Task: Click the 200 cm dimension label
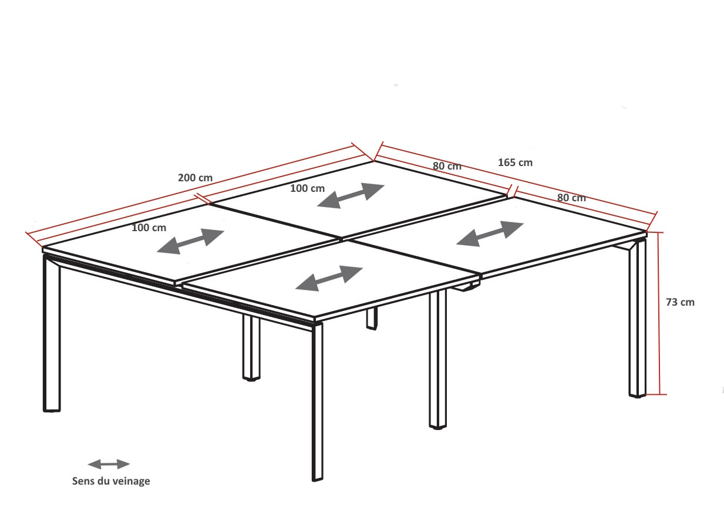[195, 178]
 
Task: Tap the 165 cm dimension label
[515, 163]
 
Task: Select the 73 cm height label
[680, 302]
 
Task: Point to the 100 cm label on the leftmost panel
[149, 228]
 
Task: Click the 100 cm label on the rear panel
[307, 188]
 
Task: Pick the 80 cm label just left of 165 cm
[447, 166]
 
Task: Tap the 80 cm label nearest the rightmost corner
[571, 198]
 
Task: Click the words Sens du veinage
[111, 481]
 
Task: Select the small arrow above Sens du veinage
[109, 465]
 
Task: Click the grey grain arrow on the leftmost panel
[190, 241]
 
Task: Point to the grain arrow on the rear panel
[351, 196]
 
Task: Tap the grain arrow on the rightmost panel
[490, 234]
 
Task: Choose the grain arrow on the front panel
[329, 278]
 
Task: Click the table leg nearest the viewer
[317, 402]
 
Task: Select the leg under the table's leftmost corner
[52, 333]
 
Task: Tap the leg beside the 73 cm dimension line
[637, 318]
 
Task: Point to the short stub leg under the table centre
[372, 319]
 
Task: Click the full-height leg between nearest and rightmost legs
[438, 359]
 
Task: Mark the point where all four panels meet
[342, 239]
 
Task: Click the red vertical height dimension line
[658, 313]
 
